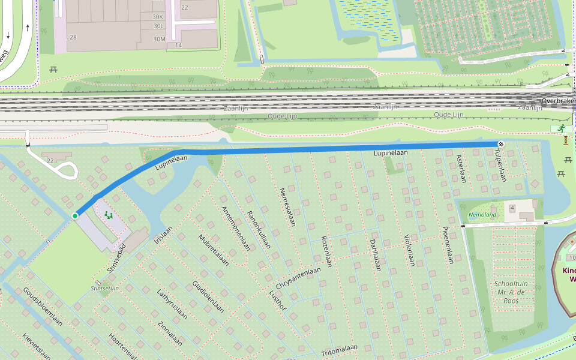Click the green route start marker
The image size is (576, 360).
pyautogui.click(x=75, y=215)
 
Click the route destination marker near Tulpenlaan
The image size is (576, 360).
pyautogui.click(x=500, y=143)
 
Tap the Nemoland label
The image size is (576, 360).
pyautogui.click(x=482, y=214)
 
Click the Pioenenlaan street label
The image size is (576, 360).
pyautogui.click(x=446, y=245)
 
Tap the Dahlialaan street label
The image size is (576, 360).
pyautogui.click(x=374, y=256)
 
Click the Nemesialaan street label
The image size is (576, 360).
pyautogui.click(x=288, y=207)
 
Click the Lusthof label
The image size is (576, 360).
pyautogui.click(x=279, y=298)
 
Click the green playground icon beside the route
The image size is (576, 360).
pyautogui.click(x=108, y=214)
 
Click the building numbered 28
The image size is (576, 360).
pyautogui.click(x=73, y=37)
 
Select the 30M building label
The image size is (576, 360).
pyautogui.click(x=158, y=40)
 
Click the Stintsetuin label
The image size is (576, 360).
pyautogui.click(x=104, y=288)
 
